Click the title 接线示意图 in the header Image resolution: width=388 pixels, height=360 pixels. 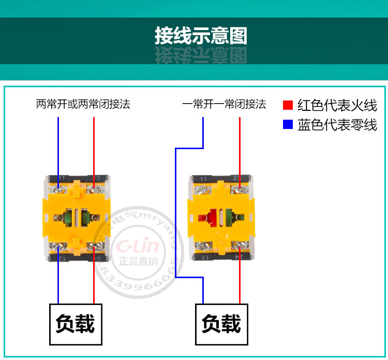(x=201, y=36)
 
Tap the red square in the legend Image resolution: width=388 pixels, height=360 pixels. (x=288, y=105)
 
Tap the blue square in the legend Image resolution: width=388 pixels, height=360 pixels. (x=288, y=125)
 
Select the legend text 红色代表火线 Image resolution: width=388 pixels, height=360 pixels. (x=337, y=105)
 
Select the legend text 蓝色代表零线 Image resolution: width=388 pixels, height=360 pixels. (x=337, y=125)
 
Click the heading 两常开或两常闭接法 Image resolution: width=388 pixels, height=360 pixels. (x=83, y=104)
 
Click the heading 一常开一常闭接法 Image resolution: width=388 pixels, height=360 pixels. (x=224, y=104)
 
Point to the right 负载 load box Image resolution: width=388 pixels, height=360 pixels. (x=221, y=324)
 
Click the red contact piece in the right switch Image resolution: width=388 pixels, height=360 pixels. (x=204, y=217)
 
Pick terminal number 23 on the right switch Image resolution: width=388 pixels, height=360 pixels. (x=237, y=178)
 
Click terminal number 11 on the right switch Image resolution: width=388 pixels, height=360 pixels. (x=203, y=178)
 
